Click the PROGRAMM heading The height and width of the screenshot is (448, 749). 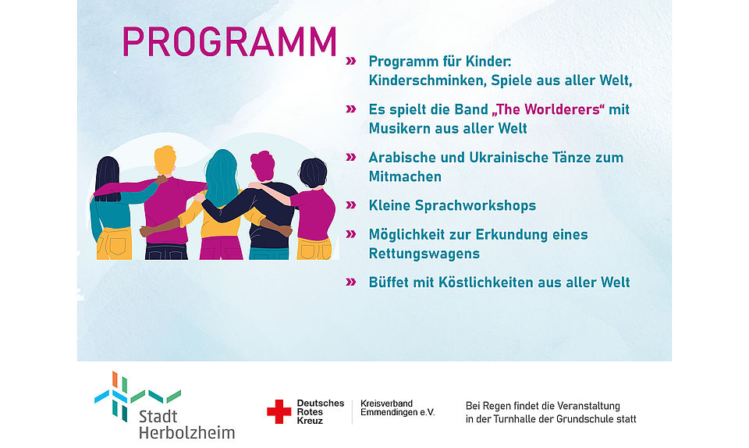(x=229, y=42)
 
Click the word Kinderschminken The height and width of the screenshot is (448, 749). (x=426, y=80)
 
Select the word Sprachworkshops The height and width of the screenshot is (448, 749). (x=475, y=206)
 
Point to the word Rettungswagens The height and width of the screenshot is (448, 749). (x=424, y=254)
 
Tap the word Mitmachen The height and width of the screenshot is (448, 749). (x=405, y=176)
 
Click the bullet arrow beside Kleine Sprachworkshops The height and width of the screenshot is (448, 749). (x=351, y=205)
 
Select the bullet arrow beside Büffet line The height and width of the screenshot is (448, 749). (x=351, y=282)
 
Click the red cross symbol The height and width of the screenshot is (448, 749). (x=279, y=411)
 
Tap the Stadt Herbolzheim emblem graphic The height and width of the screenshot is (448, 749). (x=137, y=396)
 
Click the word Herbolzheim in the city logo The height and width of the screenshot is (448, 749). (x=186, y=432)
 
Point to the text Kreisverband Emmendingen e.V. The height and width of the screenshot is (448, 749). (x=397, y=408)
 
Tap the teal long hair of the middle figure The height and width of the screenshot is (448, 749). (x=221, y=176)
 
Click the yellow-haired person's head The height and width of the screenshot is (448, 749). (x=165, y=160)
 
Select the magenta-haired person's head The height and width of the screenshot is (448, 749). (x=263, y=165)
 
